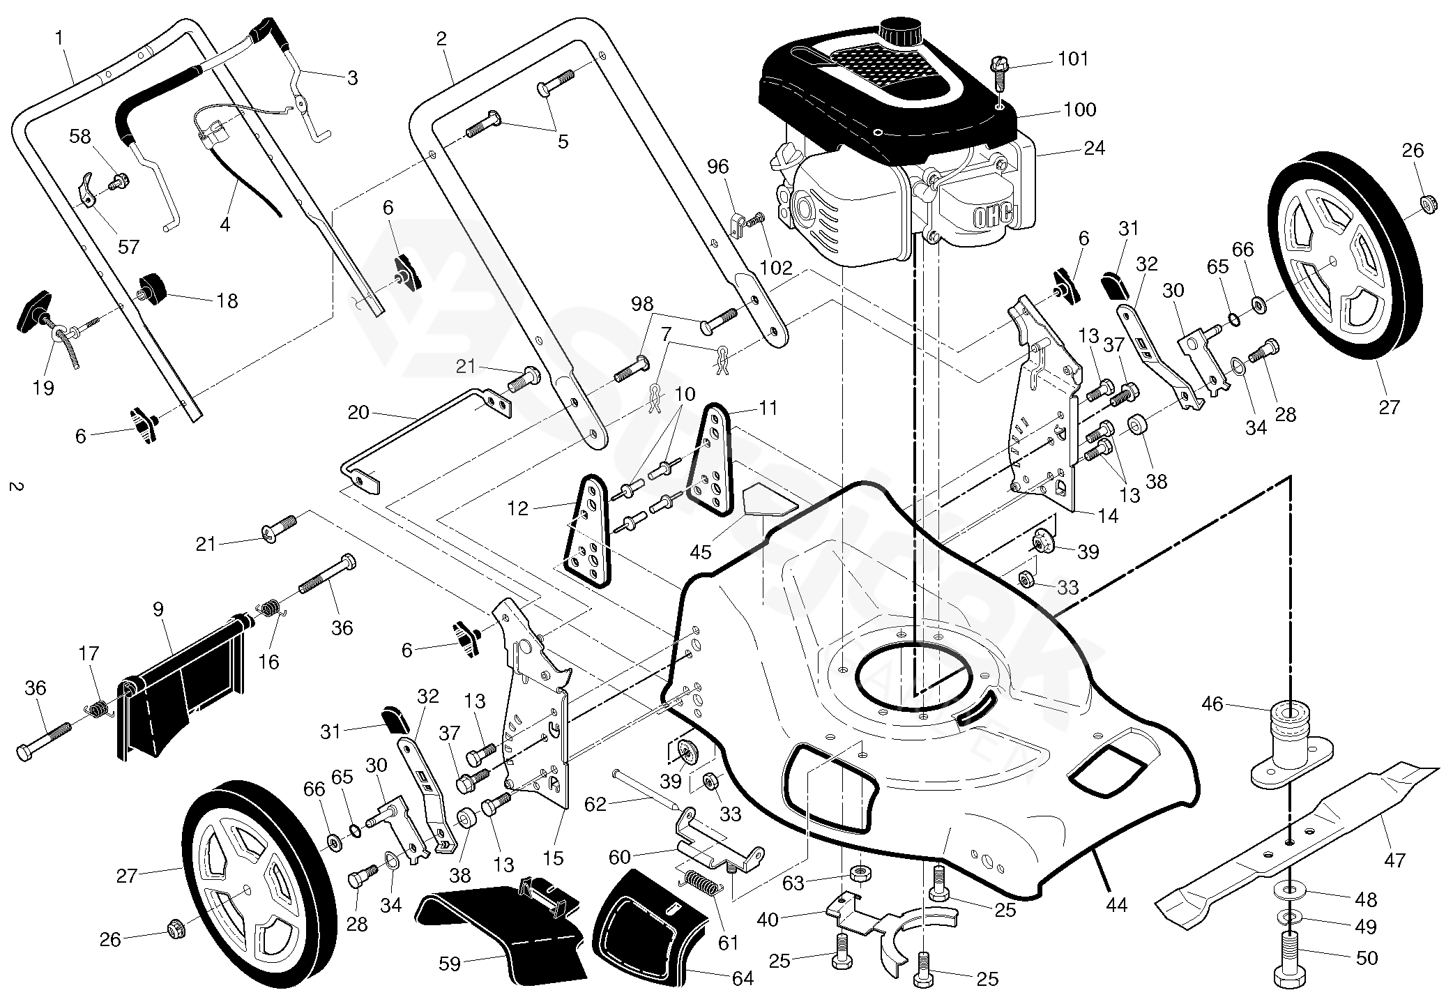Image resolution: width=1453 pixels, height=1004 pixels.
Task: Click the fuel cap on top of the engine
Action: click(902, 31)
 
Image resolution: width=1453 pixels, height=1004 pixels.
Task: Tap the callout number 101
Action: click(1073, 59)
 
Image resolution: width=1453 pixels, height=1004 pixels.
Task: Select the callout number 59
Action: click(450, 964)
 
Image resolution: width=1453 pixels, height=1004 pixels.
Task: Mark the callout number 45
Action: click(700, 552)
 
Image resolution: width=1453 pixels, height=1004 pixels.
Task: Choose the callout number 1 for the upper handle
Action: click(60, 38)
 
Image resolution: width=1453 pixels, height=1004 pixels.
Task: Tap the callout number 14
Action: click(1107, 516)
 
